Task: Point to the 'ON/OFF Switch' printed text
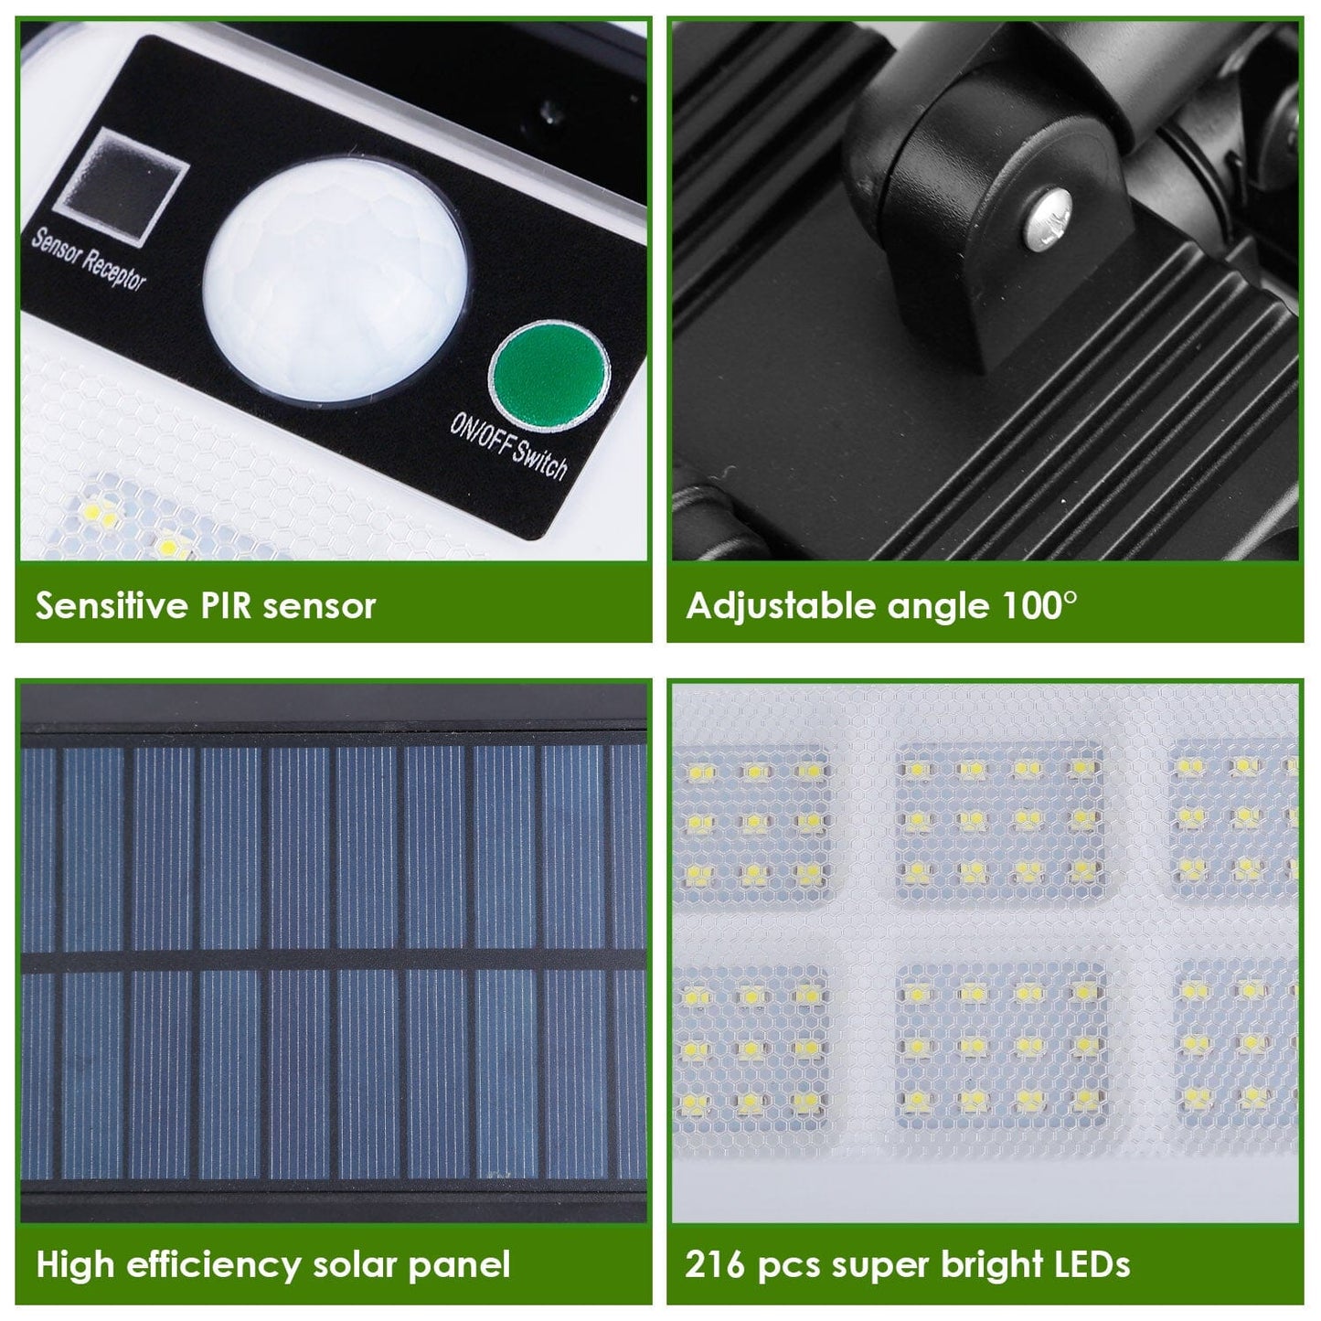coord(508,448)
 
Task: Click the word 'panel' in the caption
coord(459,1267)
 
